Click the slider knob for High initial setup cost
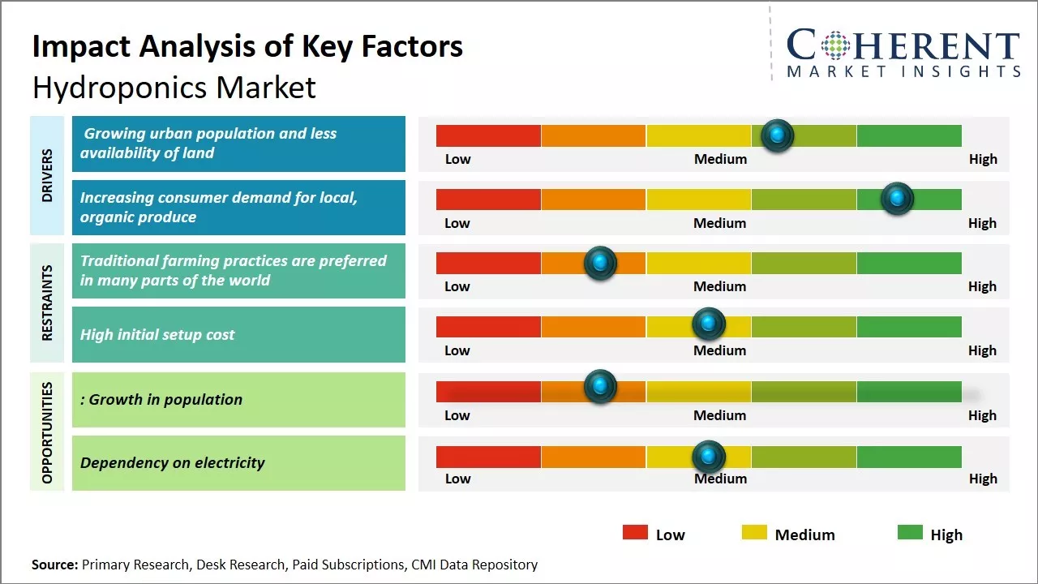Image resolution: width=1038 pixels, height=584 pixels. click(x=708, y=324)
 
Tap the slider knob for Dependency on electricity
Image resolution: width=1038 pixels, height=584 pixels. click(x=708, y=457)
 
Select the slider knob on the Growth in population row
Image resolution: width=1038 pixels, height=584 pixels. click(x=600, y=386)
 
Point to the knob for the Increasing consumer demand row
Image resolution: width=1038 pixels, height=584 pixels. click(x=897, y=198)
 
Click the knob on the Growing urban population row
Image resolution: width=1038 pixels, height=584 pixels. click(x=778, y=135)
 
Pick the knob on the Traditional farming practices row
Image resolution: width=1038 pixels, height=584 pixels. click(x=600, y=262)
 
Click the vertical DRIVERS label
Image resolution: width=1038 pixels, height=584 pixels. click(x=47, y=175)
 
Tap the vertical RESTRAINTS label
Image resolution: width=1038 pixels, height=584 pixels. click(x=47, y=302)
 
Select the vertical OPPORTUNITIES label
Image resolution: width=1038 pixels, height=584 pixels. click(x=47, y=432)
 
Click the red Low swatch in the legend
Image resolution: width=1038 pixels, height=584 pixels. click(x=635, y=532)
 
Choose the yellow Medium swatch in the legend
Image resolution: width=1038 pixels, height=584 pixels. click(x=754, y=532)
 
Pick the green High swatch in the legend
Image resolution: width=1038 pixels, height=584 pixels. click(x=910, y=532)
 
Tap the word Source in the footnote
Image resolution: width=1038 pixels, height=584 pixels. click(x=54, y=565)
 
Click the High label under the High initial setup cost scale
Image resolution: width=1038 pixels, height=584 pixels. click(x=982, y=350)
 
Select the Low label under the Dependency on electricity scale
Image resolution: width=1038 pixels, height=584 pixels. click(x=457, y=479)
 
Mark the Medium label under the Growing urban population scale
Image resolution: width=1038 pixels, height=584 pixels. click(x=720, y=159)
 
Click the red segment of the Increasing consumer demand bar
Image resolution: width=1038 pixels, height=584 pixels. click(x=488, y=200)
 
